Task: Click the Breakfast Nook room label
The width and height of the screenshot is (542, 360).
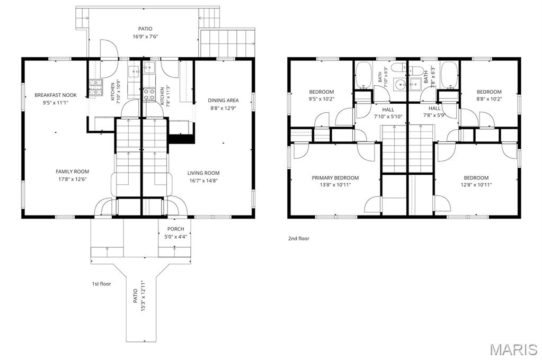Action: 56,95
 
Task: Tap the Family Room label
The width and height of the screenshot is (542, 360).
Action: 72,172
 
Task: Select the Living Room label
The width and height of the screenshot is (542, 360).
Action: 203,173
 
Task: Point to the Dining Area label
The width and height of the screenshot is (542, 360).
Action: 223,100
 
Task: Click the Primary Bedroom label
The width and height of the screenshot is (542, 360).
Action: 335,177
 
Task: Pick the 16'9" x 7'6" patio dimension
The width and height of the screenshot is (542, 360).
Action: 145,37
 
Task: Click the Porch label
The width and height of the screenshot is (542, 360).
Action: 175,229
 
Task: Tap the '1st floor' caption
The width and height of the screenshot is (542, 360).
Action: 101,284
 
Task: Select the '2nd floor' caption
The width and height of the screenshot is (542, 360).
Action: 299,238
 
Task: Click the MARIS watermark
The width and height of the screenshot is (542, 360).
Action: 514,349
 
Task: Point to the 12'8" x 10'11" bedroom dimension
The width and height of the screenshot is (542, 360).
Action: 476,185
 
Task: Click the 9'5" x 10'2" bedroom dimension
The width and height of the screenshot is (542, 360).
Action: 322,99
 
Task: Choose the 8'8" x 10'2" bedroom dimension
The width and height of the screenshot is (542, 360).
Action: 489,99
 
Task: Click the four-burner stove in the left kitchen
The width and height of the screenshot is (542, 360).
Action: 96,87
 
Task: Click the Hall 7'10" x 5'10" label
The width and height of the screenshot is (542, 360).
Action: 388,113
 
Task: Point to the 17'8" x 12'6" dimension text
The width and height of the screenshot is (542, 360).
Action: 72,179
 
